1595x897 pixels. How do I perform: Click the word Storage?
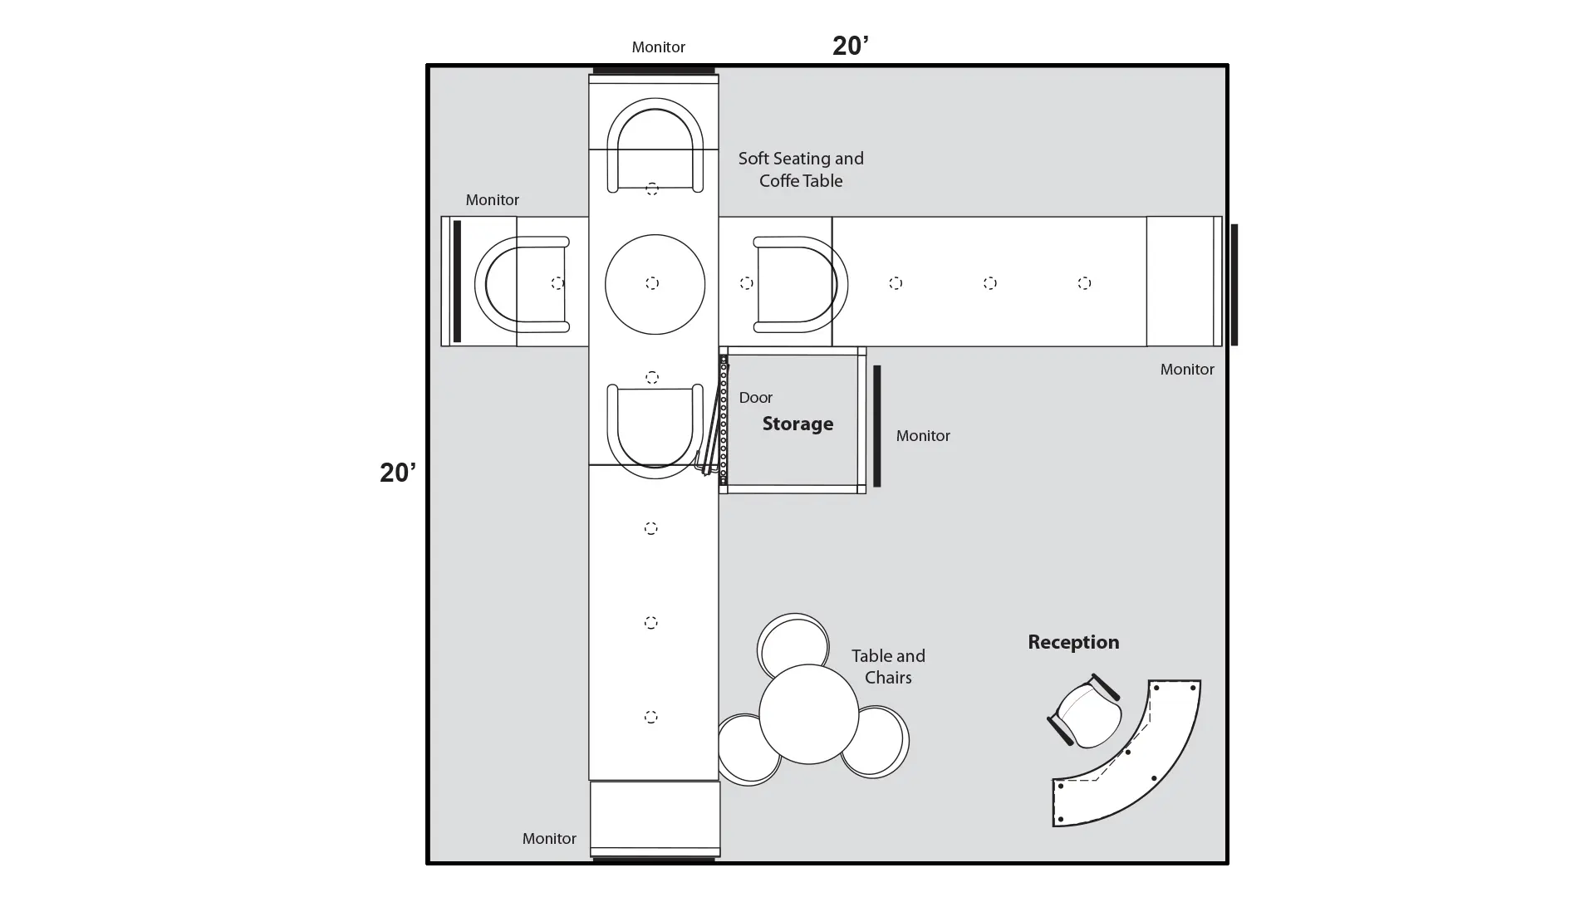coord(797,424)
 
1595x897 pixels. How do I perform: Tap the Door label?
coord(756,398)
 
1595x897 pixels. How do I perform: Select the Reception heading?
coord(1073,642)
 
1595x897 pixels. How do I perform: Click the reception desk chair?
coord(1085,711)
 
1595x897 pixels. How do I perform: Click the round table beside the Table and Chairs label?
coord(808,713)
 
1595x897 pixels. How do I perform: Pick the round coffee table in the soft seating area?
coord(655,284)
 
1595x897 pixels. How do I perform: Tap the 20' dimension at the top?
coord(851,46)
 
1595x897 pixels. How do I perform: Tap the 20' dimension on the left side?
coord(398,473)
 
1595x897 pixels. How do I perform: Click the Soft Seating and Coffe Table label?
coord(801,169)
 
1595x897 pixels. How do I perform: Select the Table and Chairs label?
coord(888,667)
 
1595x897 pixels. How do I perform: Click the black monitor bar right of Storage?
coord(876,426)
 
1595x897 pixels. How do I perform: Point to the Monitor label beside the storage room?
coord(923,436)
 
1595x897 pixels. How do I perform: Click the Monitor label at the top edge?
coord(658,47)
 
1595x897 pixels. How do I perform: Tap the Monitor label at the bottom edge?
coord(549,839)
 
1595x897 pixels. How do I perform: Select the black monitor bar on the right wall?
coord(1234,285)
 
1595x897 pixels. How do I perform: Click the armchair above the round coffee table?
coord(655,146)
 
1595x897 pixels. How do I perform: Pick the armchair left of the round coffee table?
coord(522,285)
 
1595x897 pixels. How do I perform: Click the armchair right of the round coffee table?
coord(800,285)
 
